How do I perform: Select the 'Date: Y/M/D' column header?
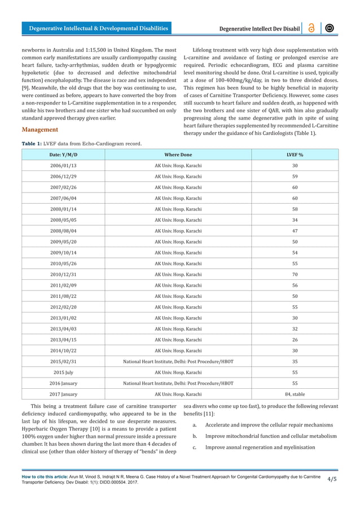64,155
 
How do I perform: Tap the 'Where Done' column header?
178,155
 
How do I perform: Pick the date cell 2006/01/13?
64,166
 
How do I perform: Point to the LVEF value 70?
295,274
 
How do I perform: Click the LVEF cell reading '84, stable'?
295,393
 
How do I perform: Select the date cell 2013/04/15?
64,339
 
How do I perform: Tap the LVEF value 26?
295,339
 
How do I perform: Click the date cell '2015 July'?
64,372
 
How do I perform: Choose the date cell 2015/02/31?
64,361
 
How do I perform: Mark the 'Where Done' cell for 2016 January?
178,383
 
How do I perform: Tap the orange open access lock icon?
311,28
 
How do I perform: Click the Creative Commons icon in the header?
331,28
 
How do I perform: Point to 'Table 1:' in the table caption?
33,143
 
